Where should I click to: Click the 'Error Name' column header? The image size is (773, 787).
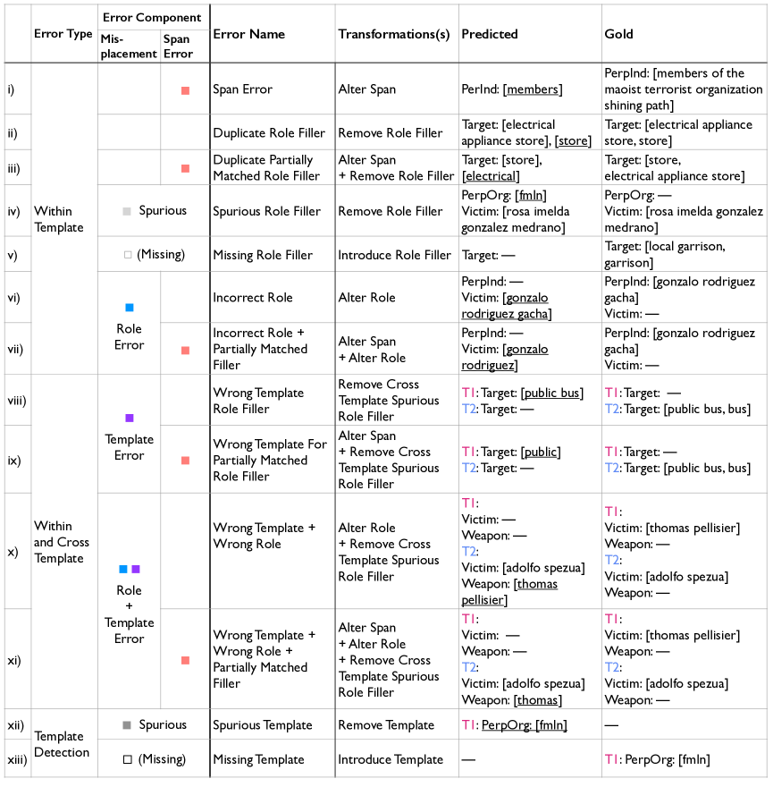(x=248, y=34)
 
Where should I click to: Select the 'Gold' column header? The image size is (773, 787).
(x=618, y=34)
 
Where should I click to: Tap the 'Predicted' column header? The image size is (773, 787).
(x=489, y=34)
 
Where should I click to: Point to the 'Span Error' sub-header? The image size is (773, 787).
(x=178, y=47)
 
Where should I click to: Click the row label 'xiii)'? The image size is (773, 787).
(x=17, y=759)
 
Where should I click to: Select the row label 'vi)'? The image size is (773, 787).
(x=13, y=297)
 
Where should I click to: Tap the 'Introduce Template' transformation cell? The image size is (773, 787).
(x=391, y=759)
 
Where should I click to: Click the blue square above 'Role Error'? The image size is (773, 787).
(x=130, y=308)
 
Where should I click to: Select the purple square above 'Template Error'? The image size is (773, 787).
(x=130, y=418)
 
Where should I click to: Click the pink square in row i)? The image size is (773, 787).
(x=185, y=89)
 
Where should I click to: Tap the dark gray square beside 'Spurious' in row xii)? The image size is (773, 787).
(x=127, y=725)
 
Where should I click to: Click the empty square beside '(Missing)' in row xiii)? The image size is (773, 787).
(x=128, y=759)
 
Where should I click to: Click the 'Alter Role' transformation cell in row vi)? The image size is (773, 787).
(x=366, y=297)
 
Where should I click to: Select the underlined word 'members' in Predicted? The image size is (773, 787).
(x=534, y=89)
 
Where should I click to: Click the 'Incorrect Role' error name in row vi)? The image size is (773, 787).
(x=252, y=297)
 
